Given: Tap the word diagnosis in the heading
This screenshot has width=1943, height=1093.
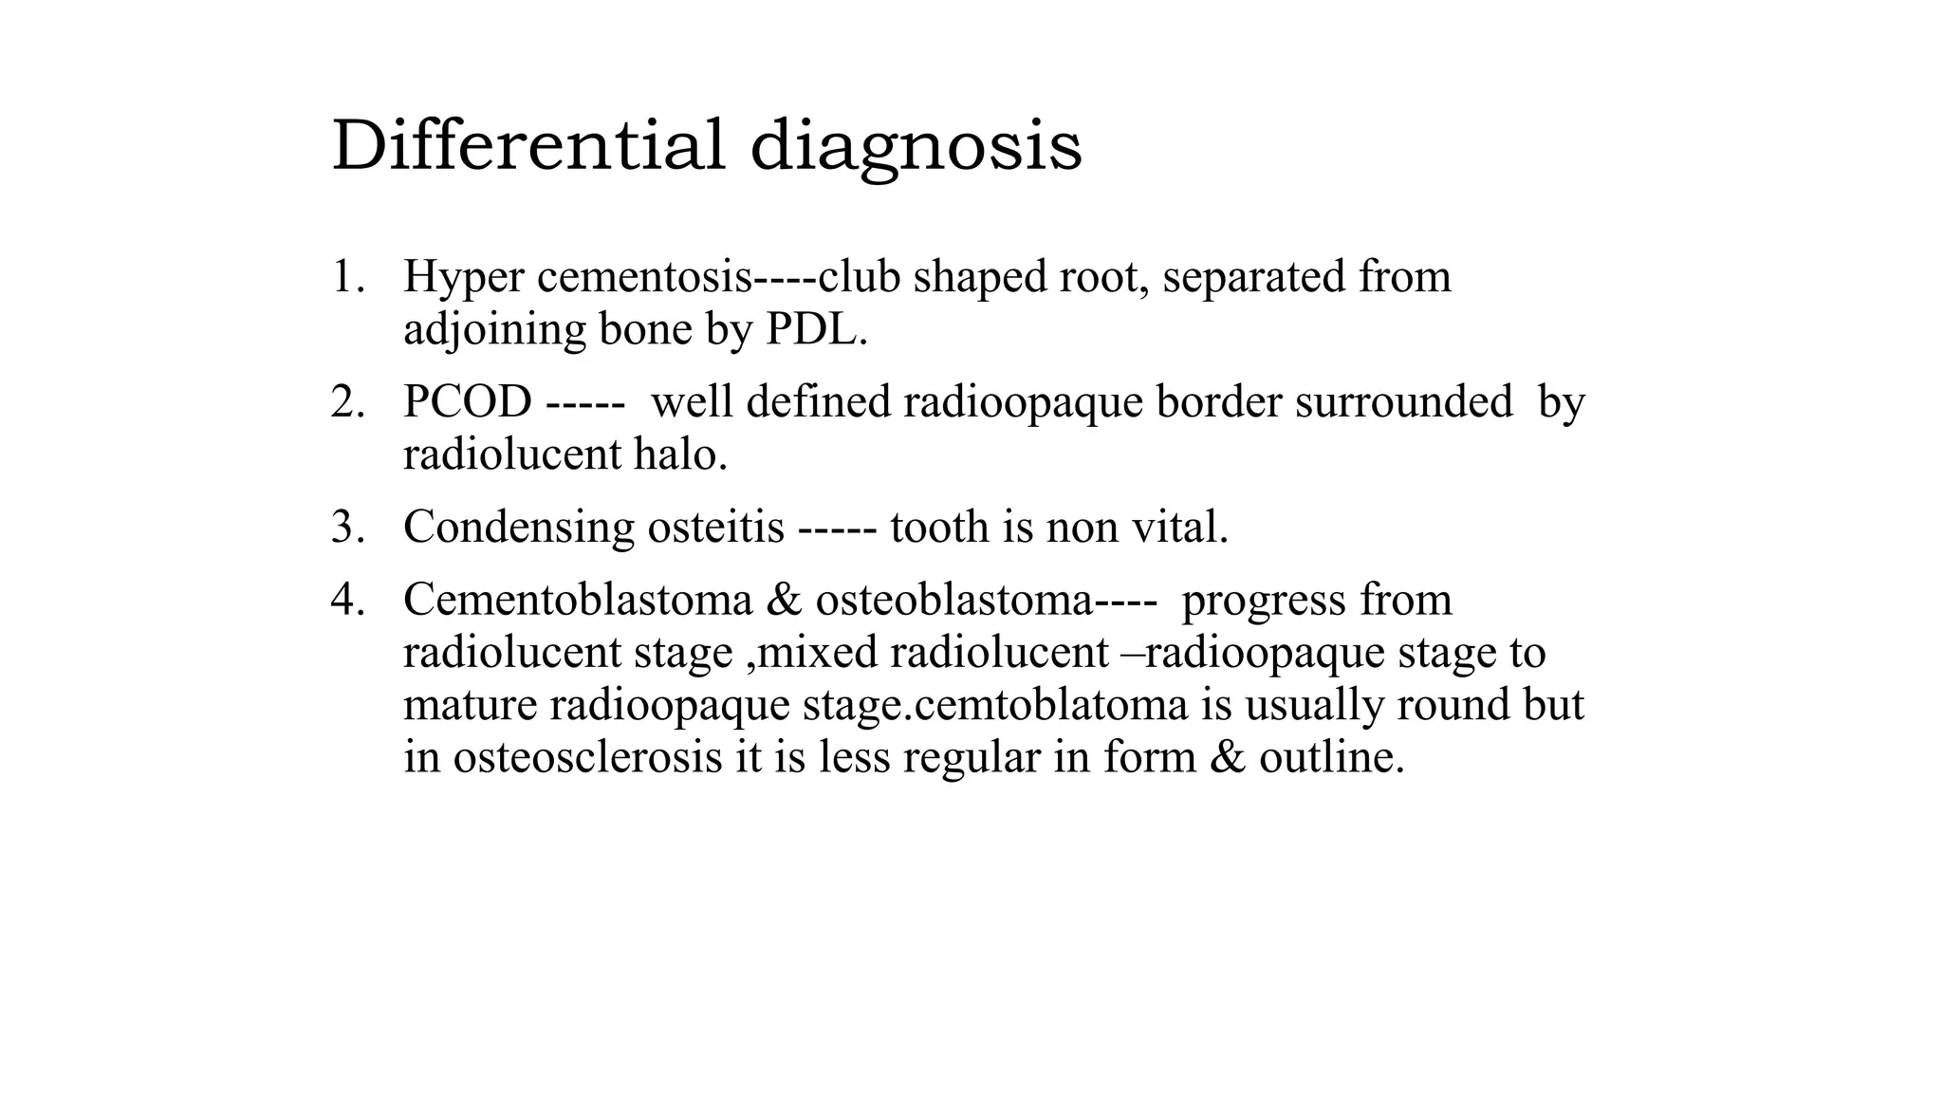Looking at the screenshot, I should (x=916, y=147).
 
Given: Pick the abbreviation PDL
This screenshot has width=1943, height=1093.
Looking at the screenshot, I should (x=815, y=329).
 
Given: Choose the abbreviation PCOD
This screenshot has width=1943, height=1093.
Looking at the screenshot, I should (x=467, y=402).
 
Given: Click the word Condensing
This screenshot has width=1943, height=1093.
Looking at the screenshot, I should (x=518, y=528).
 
